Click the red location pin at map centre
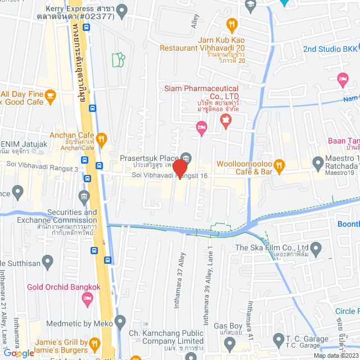(180, 169)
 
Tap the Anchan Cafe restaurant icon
(101, 138)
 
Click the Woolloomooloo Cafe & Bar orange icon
(282, 164)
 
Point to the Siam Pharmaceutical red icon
(226, 120)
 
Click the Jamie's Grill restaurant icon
(95, 343)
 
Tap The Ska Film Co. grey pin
(316, 247)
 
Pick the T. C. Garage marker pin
(278, 339)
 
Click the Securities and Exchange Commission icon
(84, 196)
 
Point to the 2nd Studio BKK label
(330, 48)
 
